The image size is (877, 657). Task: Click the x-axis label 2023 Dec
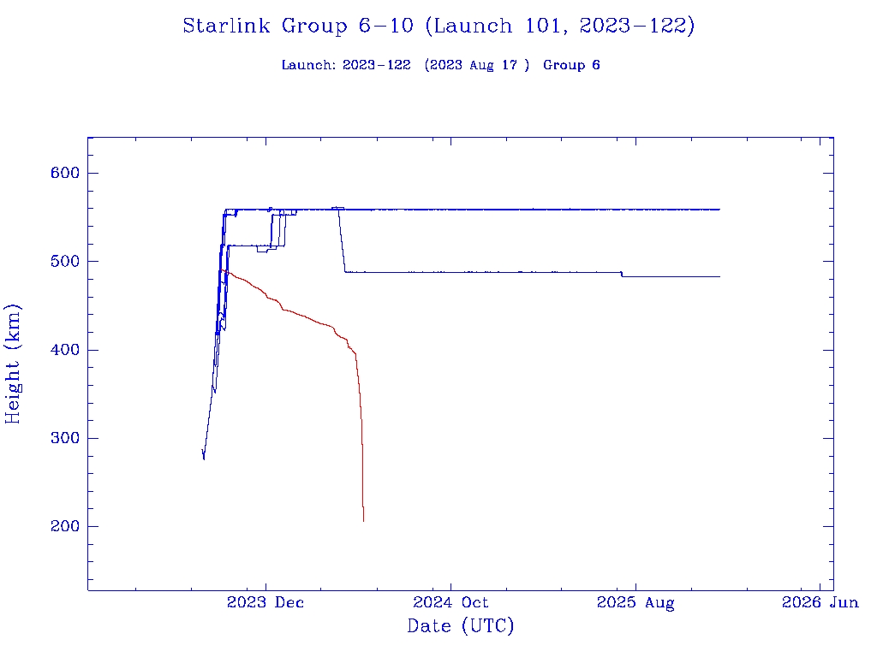265,603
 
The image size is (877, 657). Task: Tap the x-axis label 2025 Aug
635,603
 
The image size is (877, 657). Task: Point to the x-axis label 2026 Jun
820,603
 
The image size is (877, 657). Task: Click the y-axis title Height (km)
14,364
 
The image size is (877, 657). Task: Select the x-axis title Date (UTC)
461,626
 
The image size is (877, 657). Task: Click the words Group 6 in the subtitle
571,65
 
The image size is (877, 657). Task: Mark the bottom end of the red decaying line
363,521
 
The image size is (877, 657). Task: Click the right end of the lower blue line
719,276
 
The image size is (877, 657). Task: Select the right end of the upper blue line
719,209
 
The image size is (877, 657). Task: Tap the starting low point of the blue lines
204,459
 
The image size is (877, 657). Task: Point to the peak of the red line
222,270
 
